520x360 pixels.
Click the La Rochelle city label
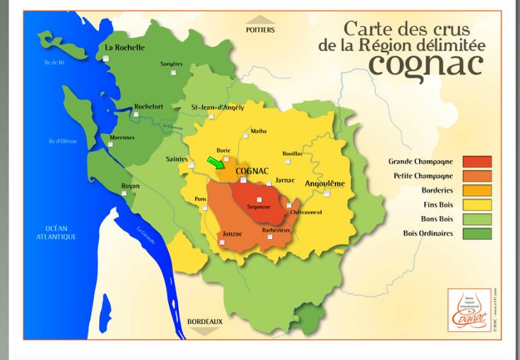[x=124, y=47]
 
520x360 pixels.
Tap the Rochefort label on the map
[x=148, y=107]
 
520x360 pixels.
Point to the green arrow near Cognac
[x=215, y=163]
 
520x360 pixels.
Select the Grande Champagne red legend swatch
[x=477, y=162]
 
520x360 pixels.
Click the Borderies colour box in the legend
[x=477, y=190]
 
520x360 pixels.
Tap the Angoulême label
[x=324, y=184]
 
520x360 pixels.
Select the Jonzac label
[x=232, y=232]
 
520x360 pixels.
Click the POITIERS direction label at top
[x=260, y=30]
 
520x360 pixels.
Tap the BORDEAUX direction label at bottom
[x=205, y=322]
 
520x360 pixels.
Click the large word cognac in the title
[x=425, y=65]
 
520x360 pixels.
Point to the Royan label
[x=130, y=186]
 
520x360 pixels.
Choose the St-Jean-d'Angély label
[x=218, y=107]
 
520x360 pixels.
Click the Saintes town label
[x=177, y=160]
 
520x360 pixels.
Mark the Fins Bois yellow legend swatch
[x=477, y=205]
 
